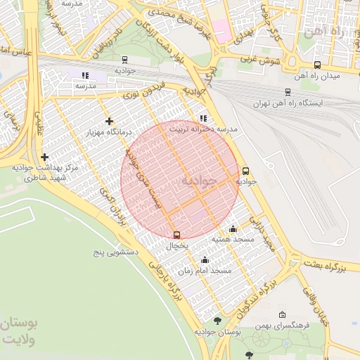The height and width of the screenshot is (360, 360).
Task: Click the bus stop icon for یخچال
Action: tap(176, 235)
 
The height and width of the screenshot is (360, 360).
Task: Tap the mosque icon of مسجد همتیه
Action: tap(233, 229)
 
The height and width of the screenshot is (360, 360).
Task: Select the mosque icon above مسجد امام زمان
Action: tap(205, 259)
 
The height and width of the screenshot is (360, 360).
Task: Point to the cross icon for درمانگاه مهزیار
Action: tap(108, 122)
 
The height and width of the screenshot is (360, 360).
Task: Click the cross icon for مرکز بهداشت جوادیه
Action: tap(45, 157)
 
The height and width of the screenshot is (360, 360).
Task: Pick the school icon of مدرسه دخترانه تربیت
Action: tap(203, 118)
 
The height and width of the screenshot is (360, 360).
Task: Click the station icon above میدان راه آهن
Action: tap(317, 65)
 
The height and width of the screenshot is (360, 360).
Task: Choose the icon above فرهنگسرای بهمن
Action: tap(283, 315)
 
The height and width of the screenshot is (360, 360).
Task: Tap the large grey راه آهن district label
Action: tap(329, 32)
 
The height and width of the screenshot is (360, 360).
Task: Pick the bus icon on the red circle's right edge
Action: tap(245, 171)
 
